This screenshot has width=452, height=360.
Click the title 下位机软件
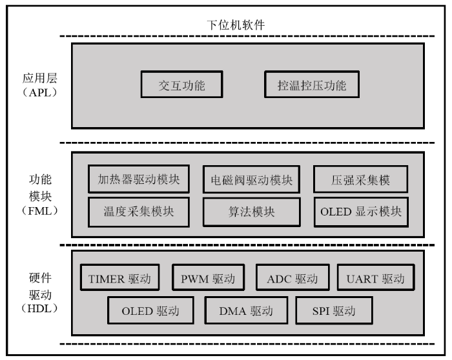coord(236,25)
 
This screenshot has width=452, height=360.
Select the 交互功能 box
coord(182,85)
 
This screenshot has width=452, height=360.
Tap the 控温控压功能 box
coord(312,85)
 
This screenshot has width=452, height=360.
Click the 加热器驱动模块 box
coord(139,179)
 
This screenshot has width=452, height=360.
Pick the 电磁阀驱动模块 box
coord(252,179)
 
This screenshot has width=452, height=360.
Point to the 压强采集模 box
coord(360,179)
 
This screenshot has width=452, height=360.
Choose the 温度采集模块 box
coord(139,212)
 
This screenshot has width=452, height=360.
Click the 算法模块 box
coord(252,212)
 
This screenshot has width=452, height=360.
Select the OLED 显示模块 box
coord(361,212)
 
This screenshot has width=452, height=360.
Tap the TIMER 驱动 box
coord(120,277)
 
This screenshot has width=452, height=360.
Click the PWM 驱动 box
coord(208,277)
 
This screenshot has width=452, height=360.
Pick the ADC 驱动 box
coord(293,277)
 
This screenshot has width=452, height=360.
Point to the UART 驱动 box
coord(376,277)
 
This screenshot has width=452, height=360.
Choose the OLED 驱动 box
coord(150,310)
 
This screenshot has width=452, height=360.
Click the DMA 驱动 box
coord(246,310)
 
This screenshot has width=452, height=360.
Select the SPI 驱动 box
coord(334,310)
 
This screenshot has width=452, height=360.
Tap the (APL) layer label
coord(40,92)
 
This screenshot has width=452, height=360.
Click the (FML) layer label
coord(40,211)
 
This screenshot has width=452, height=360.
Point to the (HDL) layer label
coord(40,308)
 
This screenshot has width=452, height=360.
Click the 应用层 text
coord(40,78)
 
